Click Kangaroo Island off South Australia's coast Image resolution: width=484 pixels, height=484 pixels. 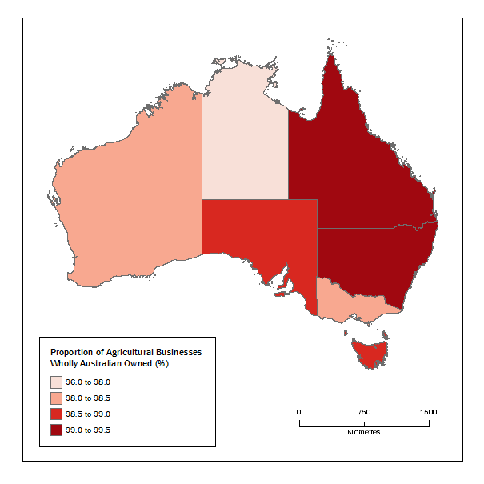pos(279,294)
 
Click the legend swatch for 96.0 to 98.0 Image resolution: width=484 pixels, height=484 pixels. pos(58,382)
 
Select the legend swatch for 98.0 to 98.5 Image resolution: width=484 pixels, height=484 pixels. pos(58,398)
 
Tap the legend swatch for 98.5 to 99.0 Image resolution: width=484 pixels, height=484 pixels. pos(58,414)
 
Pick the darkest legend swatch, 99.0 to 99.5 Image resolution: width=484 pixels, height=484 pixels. pos(58,430)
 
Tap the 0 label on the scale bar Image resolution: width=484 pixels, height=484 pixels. pos(299,412)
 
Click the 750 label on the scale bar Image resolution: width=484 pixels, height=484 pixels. pos(364,412)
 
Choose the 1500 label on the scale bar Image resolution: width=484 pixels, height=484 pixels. pos(428,412)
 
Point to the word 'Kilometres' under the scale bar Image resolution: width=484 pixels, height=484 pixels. pos(364,432)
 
